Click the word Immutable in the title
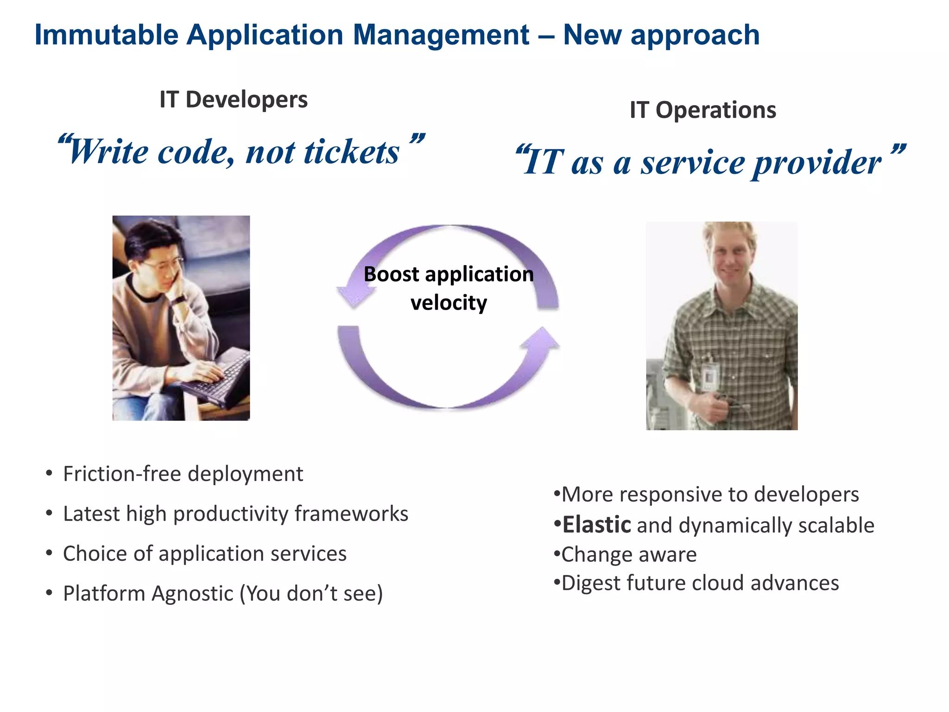[x=106, y=35]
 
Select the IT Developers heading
[x=233, y=100]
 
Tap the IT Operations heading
[x=702, y=110]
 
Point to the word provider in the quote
[x=816, y=163]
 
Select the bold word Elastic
[x=597, y=525]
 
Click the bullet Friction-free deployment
[x=183, y=474]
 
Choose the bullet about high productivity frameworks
[x=235, y=514]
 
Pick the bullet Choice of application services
[x=204, y=554]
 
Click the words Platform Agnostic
[x=148, y=594]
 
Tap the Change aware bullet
[x=628, y=555]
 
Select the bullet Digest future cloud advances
[x=700, y=584]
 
